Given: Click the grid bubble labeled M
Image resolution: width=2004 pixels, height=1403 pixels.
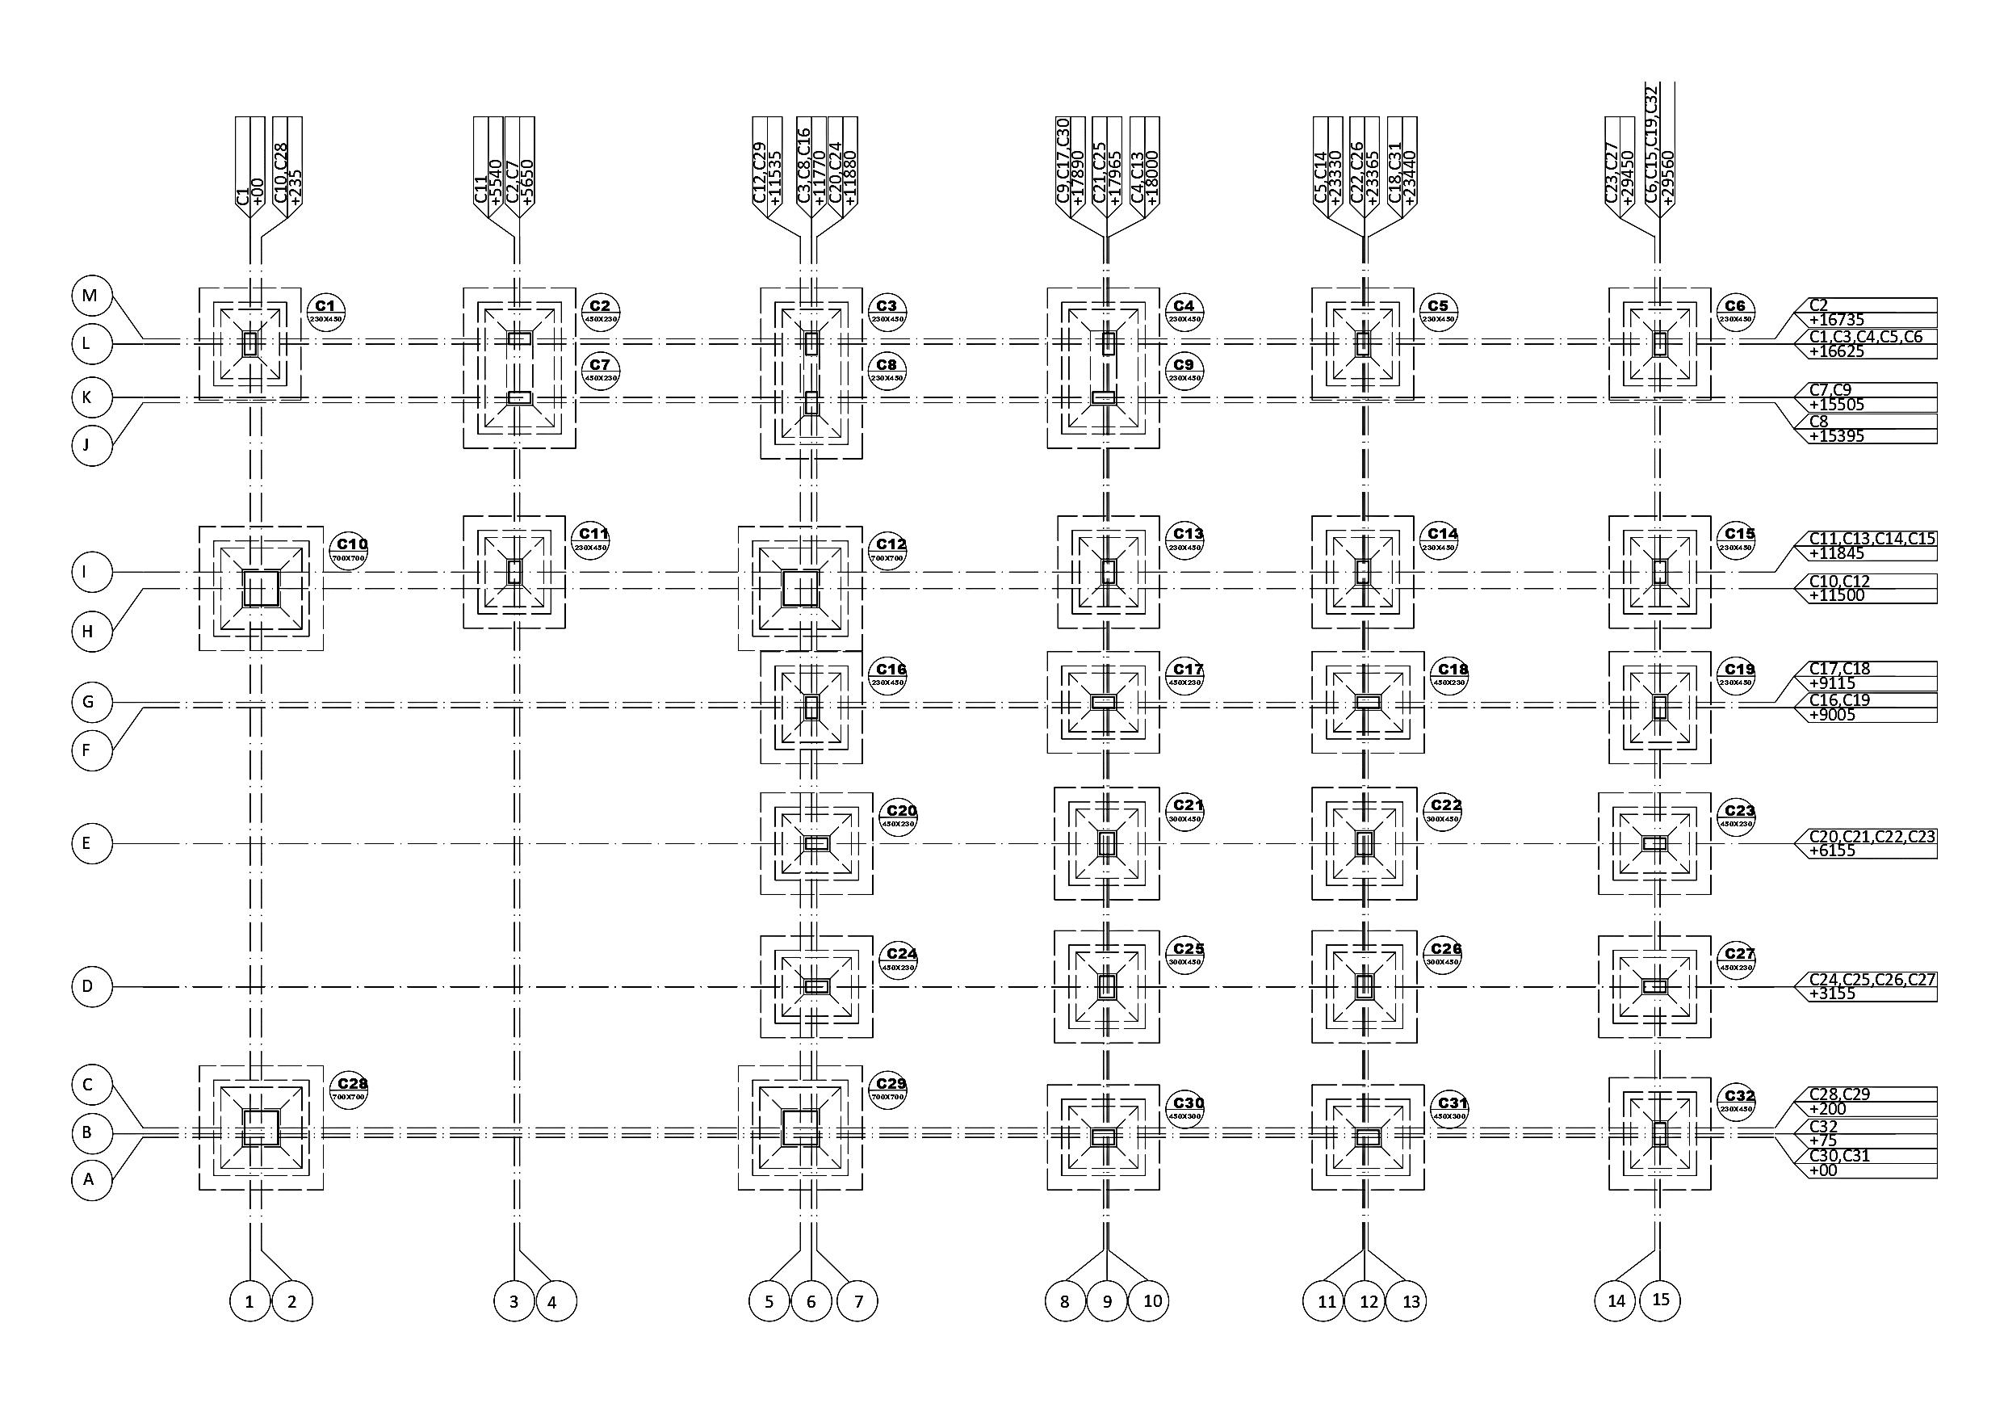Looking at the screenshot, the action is (90, 295).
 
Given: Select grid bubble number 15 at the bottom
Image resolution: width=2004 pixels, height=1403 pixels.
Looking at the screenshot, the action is (1660, 1299).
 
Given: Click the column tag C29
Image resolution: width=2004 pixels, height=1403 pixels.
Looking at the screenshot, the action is (888, 1089).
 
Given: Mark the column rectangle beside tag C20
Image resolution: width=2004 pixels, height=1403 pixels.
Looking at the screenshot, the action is (816, 843).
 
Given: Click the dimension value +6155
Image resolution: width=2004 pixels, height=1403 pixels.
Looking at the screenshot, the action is (1832, 851).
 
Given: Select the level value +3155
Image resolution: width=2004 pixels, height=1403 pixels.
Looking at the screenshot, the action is (1832, 993).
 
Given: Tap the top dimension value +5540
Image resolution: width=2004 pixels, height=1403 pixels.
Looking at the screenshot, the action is (497, 183).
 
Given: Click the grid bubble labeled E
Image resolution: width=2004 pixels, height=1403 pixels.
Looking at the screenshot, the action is (90, 843).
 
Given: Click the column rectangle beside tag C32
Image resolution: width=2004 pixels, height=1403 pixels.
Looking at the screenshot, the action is (1659, 1133).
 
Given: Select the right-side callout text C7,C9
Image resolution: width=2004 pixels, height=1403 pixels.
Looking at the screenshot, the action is (1830, 389).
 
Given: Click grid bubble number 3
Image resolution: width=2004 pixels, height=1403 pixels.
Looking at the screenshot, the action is (514, 1301).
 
